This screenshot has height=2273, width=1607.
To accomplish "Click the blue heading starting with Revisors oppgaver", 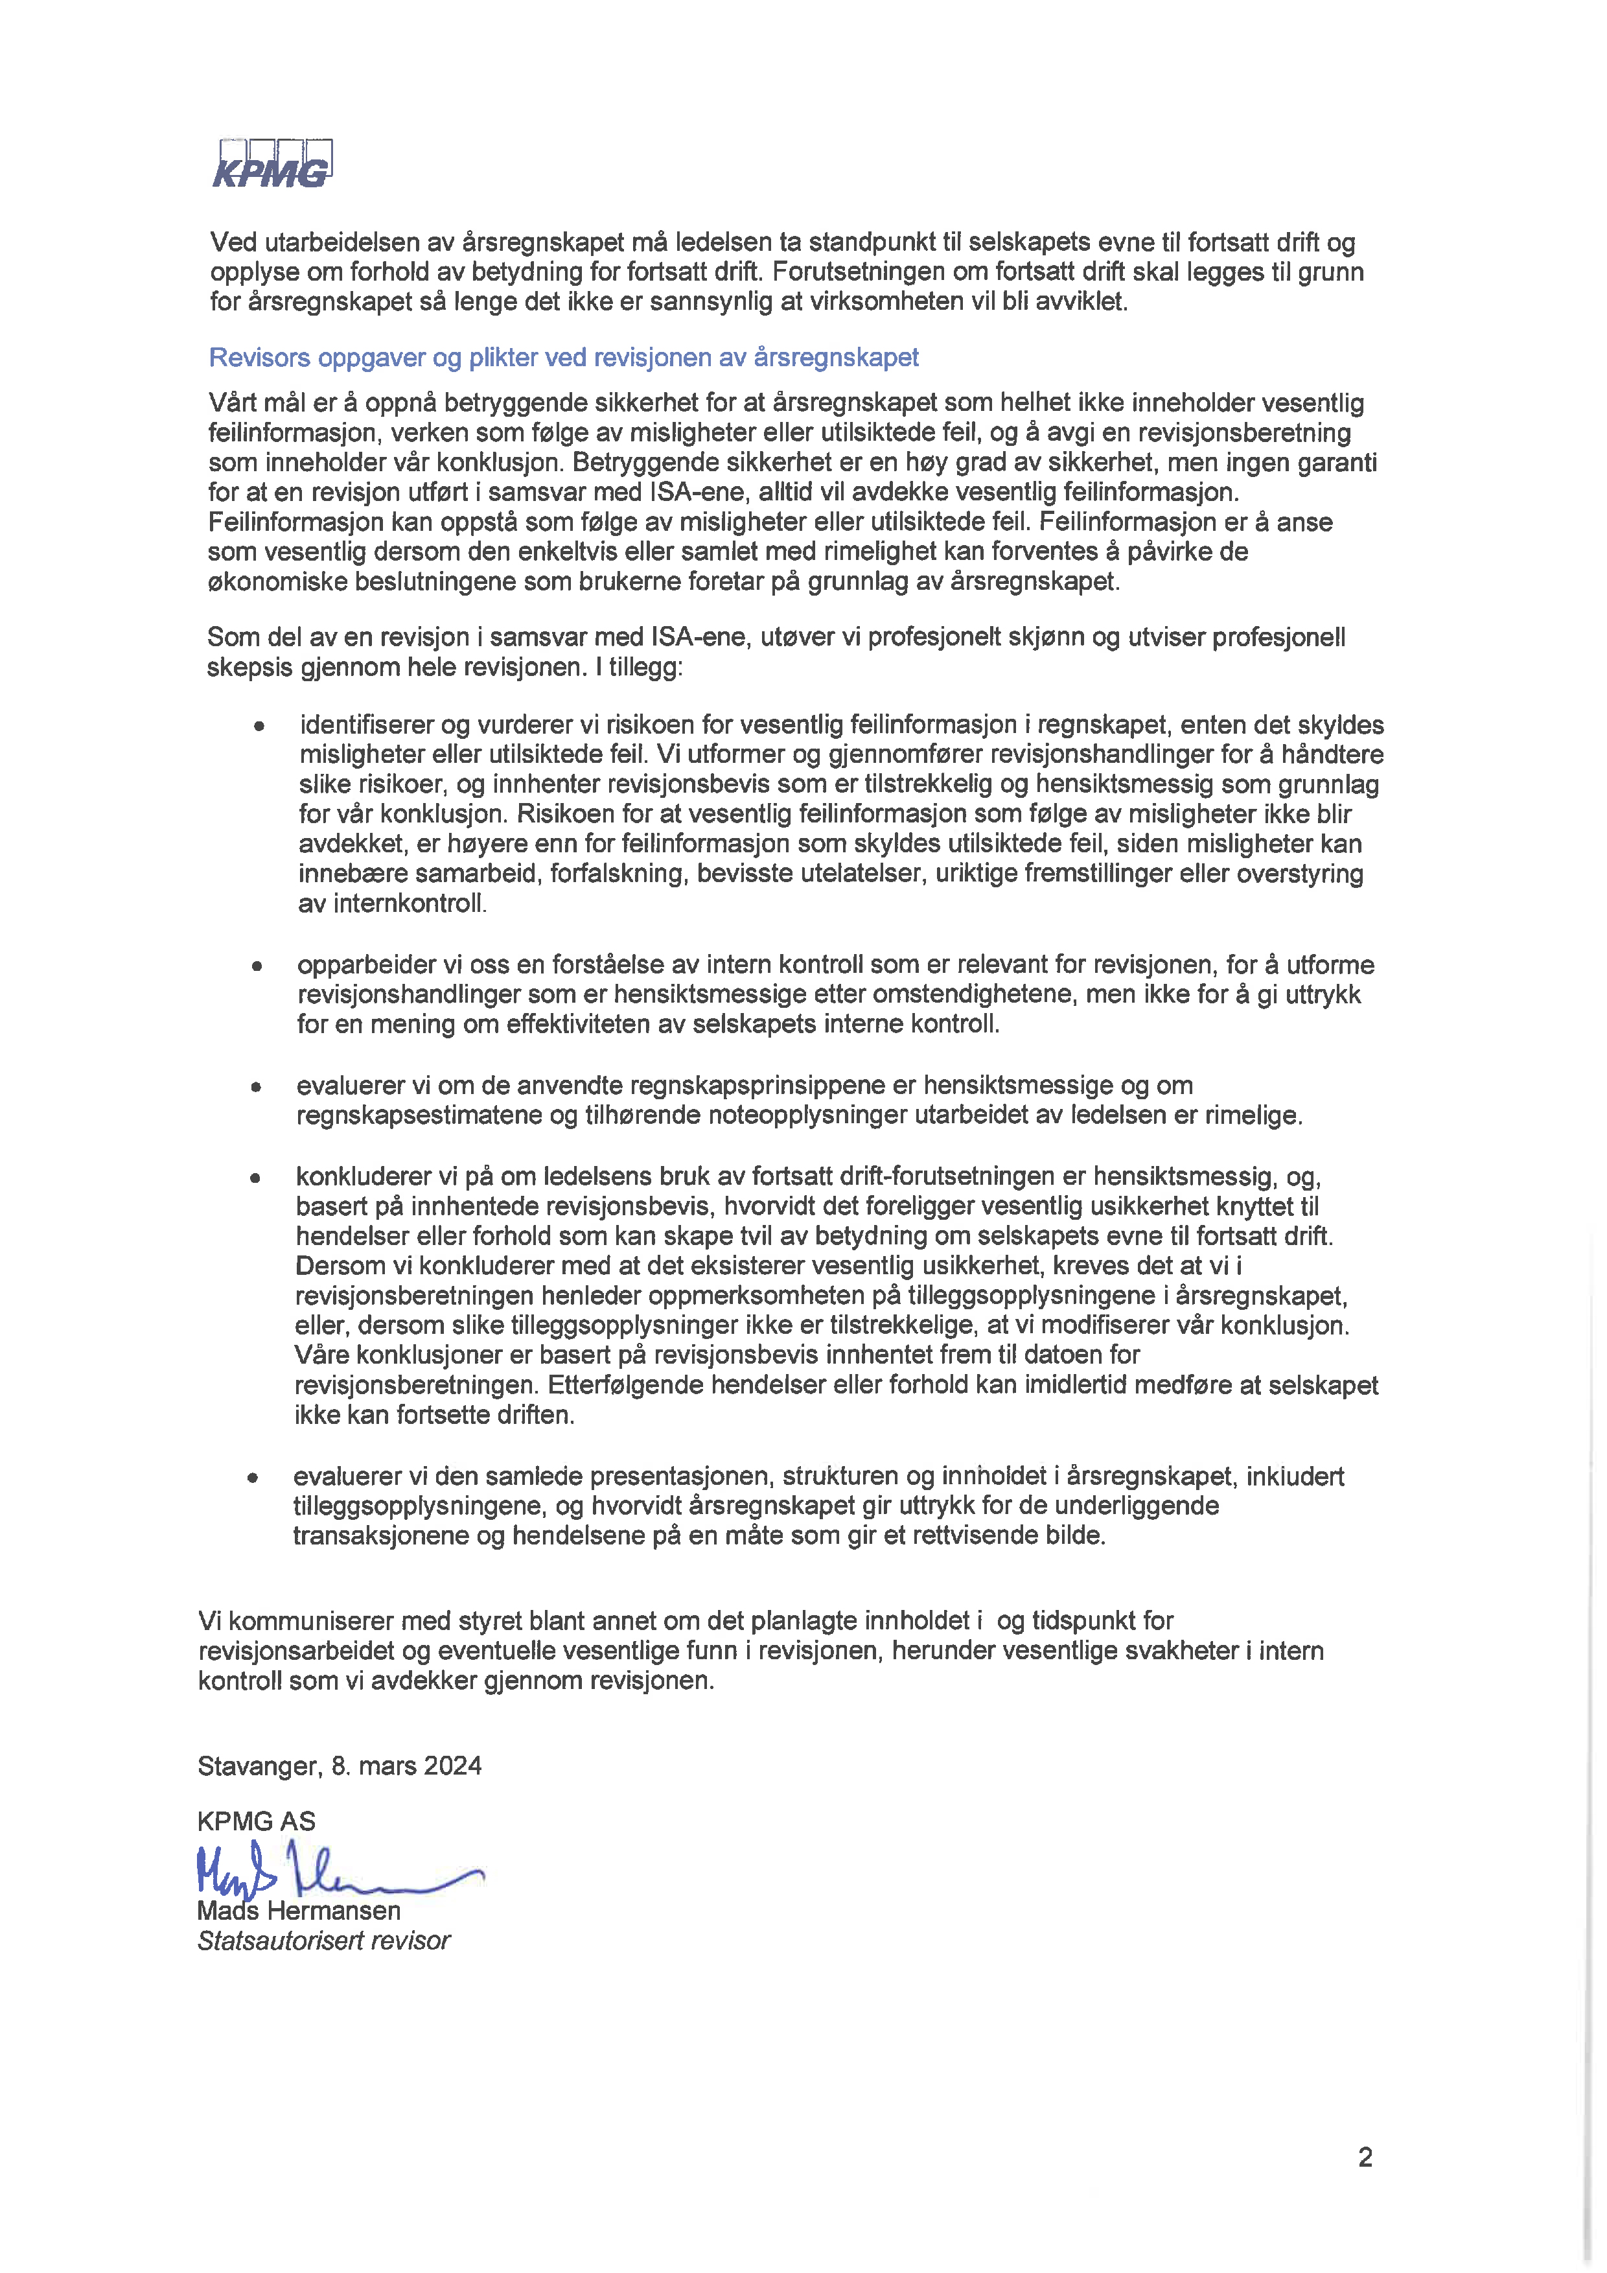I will [563, 357].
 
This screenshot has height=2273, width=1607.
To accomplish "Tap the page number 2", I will [1365, 2157].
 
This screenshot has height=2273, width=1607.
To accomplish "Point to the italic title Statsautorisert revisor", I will [323, 1941].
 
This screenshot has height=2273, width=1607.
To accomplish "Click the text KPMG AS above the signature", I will [257, 1821].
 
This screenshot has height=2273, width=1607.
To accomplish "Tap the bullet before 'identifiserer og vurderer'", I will [259, 726].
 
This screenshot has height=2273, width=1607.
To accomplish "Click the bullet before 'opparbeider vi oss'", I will [257, 965].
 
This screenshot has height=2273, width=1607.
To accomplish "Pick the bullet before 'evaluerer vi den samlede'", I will [253, 1477].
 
